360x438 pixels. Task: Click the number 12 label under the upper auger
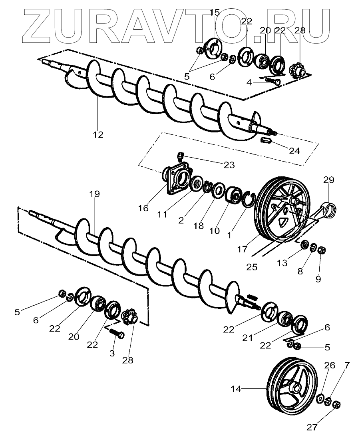click(x=97, y=134)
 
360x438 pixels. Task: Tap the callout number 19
click(x=95, y=194)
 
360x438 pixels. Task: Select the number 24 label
click(x=294, y=151)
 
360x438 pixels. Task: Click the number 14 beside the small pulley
click(x=237, y=388)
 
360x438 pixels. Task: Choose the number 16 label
click(x=143, y=208)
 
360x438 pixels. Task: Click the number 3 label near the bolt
click(x=112, y=353)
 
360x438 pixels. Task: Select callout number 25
click(x=252, y=267)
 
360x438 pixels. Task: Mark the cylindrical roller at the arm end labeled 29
click(x=331, y=209)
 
